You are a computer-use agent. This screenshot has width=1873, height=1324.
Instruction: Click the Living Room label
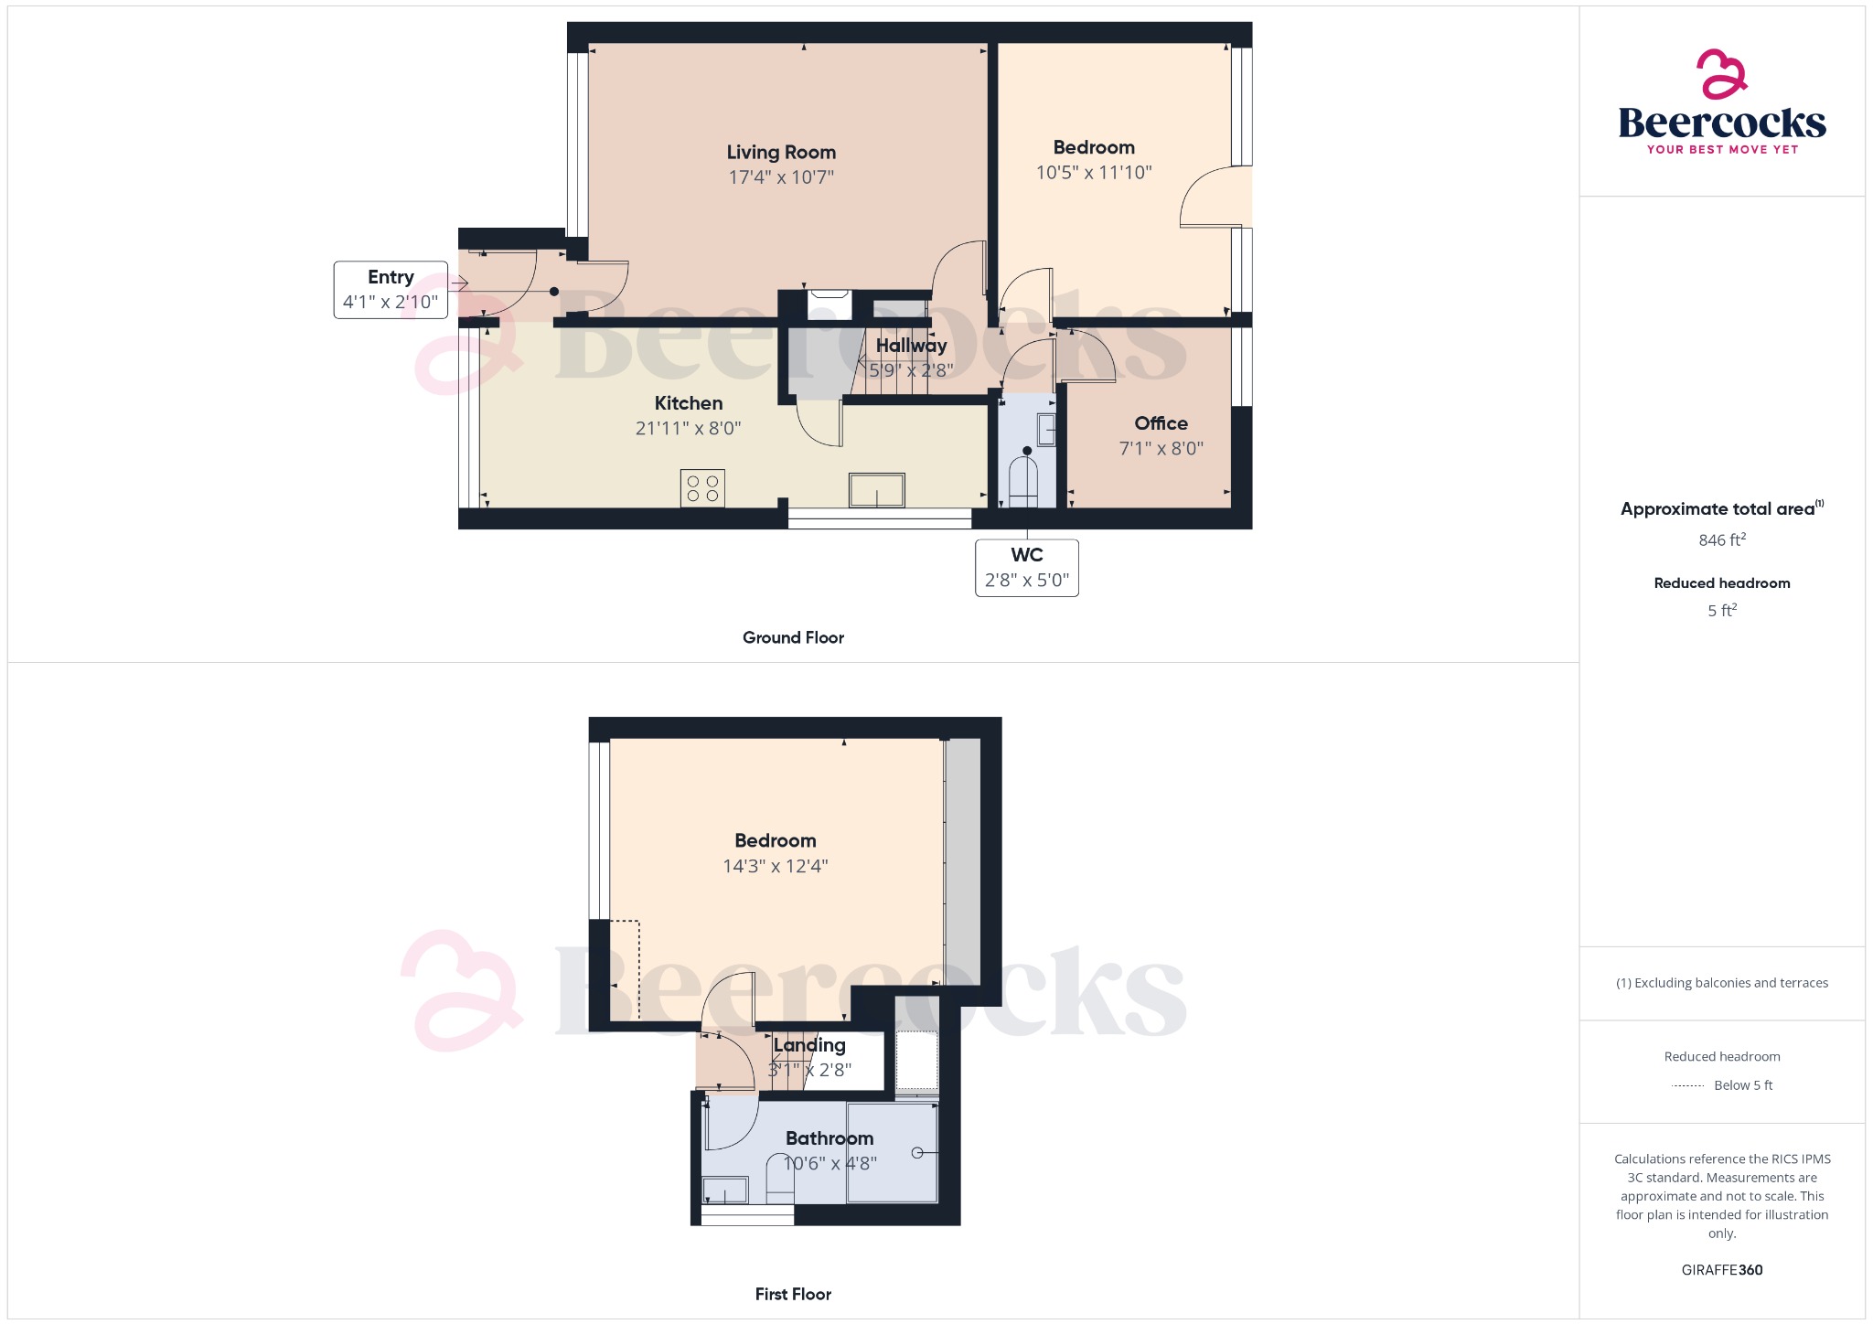[781, 153]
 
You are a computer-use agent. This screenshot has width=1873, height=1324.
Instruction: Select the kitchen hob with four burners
[702, 488]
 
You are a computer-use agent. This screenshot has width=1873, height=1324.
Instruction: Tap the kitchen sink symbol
[877, 490]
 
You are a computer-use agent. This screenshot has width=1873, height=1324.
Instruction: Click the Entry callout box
[391, 290]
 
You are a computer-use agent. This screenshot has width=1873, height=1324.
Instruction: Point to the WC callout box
[1026, 568]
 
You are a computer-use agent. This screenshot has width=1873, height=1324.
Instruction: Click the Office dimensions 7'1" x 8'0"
[1161, 448]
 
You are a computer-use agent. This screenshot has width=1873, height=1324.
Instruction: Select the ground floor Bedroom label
[1094, 147]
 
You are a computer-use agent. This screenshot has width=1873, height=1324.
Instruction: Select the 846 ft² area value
[1721, 540]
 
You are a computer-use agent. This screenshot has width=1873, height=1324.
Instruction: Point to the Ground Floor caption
[793, 637]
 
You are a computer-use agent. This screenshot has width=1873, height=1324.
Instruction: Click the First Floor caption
[793, 1294]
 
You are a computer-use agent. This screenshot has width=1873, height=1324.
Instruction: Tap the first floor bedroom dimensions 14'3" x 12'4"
[776, 866]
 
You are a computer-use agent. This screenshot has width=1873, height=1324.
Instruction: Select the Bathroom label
[829, 1138]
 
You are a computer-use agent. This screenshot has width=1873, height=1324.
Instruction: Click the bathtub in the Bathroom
[892, 1153]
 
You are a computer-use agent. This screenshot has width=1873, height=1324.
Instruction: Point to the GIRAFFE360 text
[1721, 1270]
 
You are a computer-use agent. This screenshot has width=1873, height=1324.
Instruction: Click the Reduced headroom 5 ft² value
[1721, 611]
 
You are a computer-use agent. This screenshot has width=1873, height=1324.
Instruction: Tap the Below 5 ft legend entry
[1742, 1085]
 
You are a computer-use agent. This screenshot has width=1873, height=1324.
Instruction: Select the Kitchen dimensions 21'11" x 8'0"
[688, 428]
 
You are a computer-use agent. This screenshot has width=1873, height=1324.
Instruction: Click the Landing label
[809, 1045]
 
